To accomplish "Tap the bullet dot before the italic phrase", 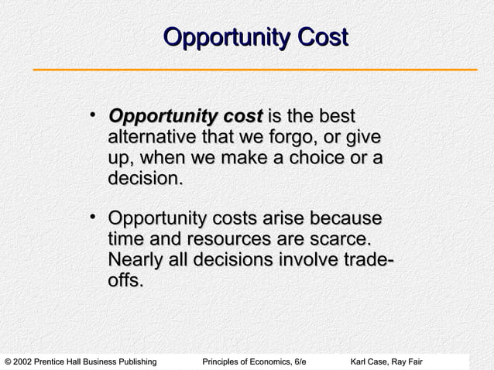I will (92, 118).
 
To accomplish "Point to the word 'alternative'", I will (152, 139).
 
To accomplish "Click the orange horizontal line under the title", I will (255, 70).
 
